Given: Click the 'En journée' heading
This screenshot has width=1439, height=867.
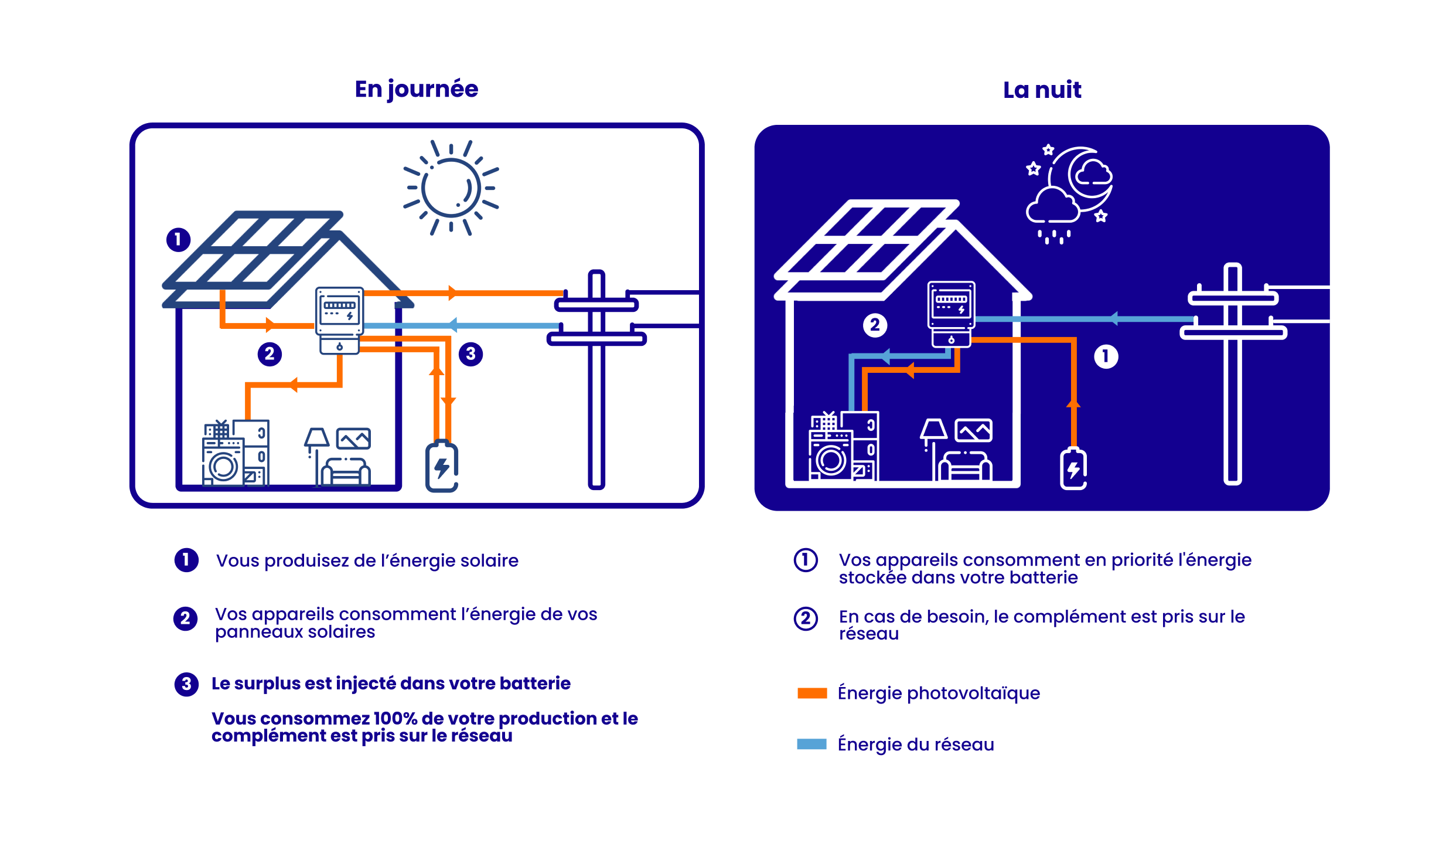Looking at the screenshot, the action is pos(417,90).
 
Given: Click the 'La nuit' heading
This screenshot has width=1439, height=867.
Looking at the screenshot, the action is pos(1042,90).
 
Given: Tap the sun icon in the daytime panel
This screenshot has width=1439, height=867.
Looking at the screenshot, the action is pos(451,188).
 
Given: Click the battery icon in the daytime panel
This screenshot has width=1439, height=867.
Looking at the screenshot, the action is pos(442,466).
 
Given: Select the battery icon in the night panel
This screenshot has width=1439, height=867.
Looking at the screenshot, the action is pos(1073,468).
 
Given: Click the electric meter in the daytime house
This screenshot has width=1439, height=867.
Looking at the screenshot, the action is pos(339,320).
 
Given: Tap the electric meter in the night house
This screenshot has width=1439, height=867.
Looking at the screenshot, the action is pos(951,314).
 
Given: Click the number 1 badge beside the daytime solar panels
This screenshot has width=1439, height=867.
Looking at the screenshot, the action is pos(178,240).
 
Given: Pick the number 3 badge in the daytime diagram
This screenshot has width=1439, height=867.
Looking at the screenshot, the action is pos(470,354).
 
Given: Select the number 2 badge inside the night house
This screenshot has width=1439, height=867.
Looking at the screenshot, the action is pos(875,325).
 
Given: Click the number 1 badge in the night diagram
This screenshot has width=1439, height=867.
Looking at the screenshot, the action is pos(1106,356).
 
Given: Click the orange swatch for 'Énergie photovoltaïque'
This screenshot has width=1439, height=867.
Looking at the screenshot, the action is pos(812,693).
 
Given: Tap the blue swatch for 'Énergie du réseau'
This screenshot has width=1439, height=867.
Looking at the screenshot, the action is pos(812,744).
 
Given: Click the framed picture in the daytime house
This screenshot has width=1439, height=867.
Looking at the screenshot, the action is pos(353,438).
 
